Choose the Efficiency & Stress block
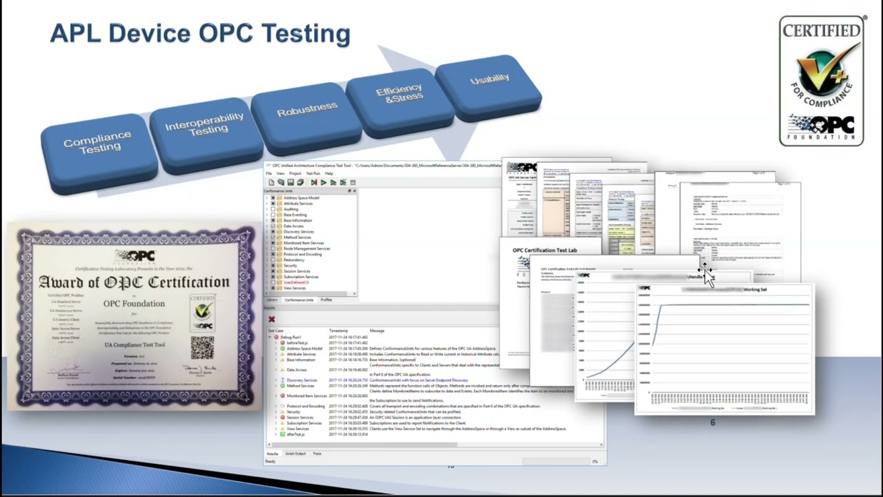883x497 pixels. coord(399,94)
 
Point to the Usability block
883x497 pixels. coord(489,79)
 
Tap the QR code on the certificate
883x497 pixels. coord(202,347)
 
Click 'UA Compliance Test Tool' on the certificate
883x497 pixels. coord(135,344)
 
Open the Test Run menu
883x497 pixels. coord(312,173)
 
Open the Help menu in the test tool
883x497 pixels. coord(329,173)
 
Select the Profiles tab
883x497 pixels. coord(326,300)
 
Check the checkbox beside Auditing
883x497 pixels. coord(273,209)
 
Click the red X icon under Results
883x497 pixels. coord(271,319)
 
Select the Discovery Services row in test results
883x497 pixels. coord(301,380)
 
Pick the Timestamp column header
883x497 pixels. coord(339,331)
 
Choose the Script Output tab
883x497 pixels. coord(295,454)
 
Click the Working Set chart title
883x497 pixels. coord(755,289)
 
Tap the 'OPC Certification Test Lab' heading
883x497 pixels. coord(544,250)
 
